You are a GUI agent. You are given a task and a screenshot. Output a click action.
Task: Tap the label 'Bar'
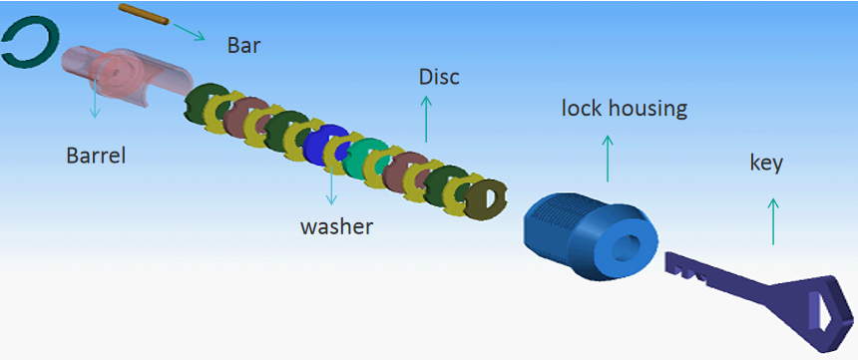click(244, 45)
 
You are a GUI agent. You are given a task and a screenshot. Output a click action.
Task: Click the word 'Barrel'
click(96, 156)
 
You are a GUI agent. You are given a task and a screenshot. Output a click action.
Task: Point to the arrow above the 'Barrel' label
click(96, 104)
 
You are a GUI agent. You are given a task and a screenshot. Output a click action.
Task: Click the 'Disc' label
click(439, 77)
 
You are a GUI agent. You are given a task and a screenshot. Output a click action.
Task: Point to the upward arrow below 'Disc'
click(427, 119)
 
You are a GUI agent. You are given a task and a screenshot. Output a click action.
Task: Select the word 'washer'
click(336, 226)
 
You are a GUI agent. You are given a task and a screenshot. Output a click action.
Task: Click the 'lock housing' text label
click(624, 107)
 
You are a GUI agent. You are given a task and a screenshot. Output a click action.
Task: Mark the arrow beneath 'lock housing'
click(608, 156)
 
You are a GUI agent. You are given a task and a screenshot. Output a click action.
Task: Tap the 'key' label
click(766, 162)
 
